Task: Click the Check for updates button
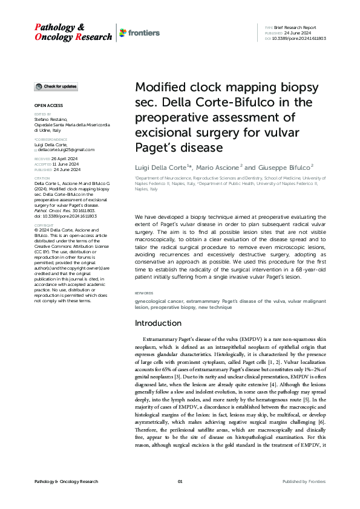pos(56,87)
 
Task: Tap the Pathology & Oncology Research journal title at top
pos(73,32)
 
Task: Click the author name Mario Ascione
pos(220,166)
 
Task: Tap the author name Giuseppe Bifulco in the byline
pos(287,166)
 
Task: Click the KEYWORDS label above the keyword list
pos(144,293)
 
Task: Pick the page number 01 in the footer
pos(180,481)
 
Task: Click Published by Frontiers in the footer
pos(304,481)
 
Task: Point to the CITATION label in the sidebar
pos(42,178)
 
